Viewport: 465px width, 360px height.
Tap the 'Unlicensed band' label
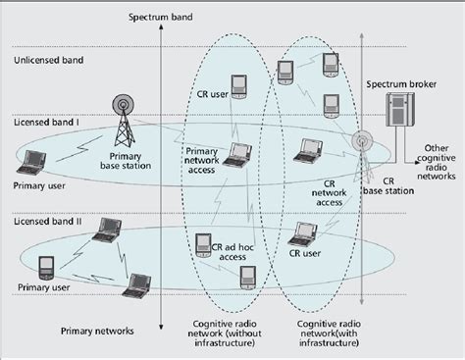pyautogui.click(x=47, y=61)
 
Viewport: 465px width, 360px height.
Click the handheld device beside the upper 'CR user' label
pyautogui.click(x=237, y=84)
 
